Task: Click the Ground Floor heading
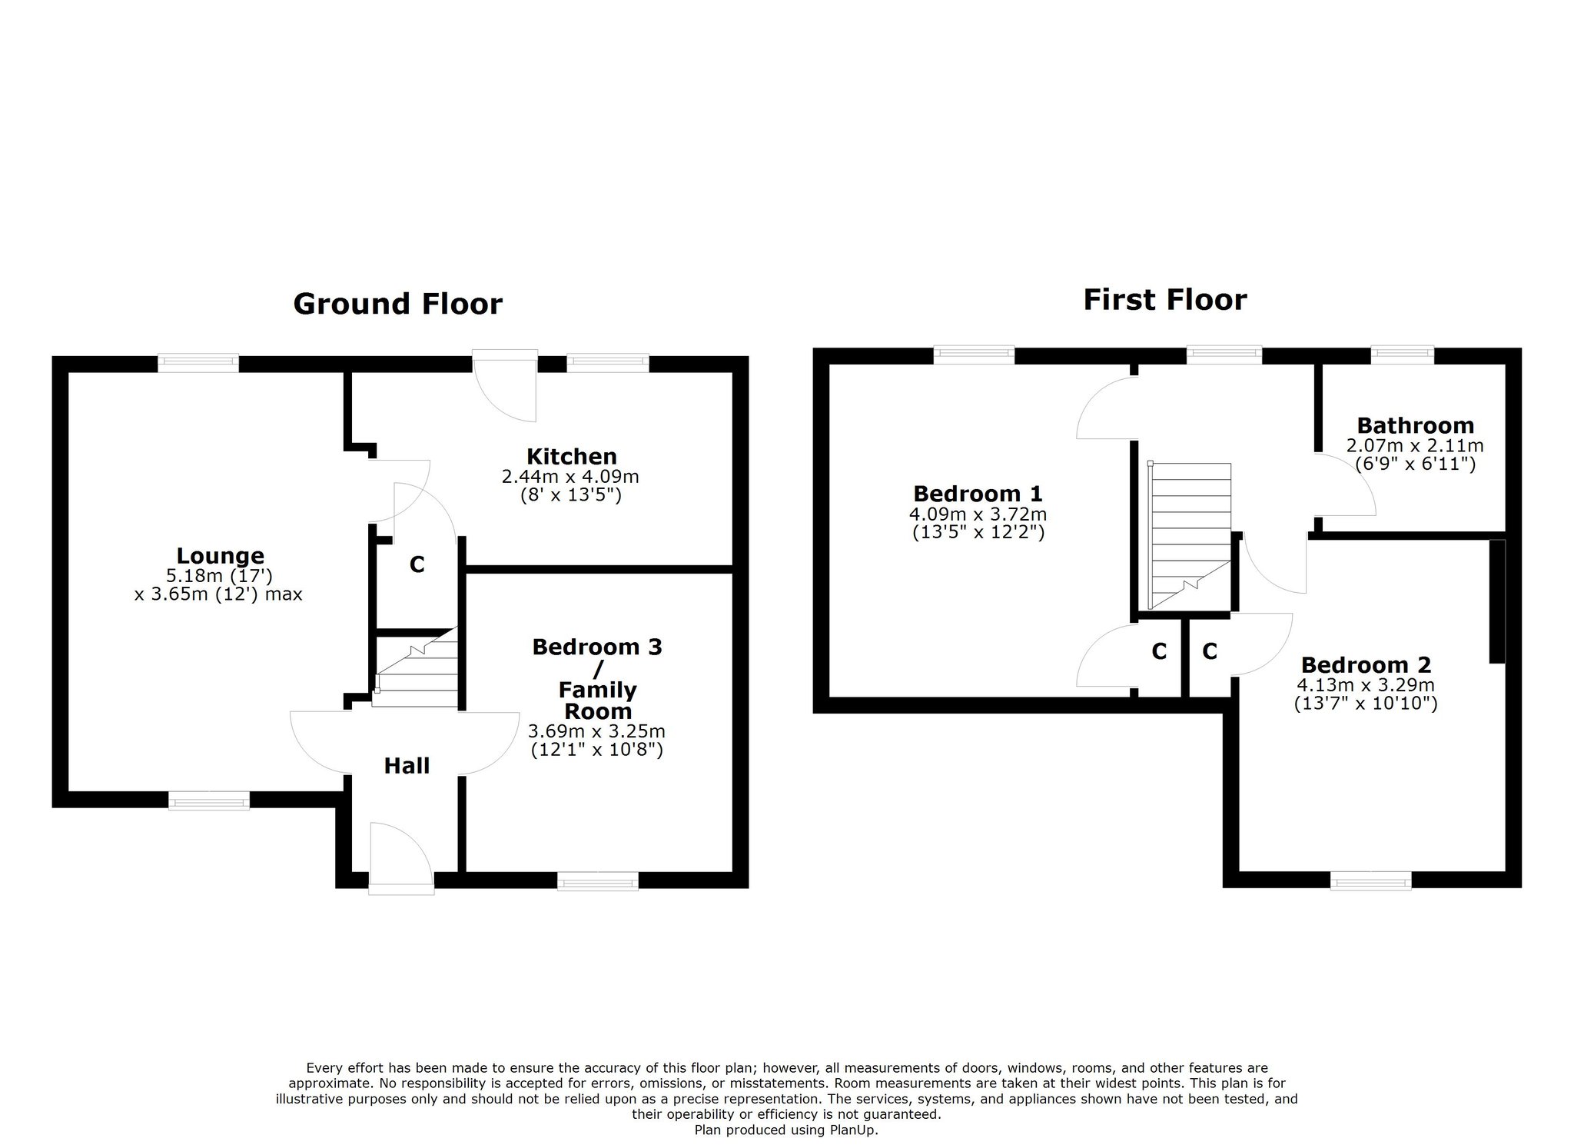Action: (397, 304)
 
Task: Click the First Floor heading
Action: (1165, 300)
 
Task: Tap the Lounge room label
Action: (221, 555)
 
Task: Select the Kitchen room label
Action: (572, 456)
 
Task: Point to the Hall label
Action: (407, 766)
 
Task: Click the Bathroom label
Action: (1416, 425)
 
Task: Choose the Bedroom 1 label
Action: (978, 493)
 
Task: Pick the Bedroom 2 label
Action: (1366, 664)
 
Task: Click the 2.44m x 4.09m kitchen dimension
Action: (570, 477)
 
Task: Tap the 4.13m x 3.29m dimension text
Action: (1366, 684)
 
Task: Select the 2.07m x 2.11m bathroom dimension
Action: (1415, 445)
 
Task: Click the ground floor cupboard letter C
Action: (417, 565)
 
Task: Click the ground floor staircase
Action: (416, 667)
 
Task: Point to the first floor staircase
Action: (1189, 535)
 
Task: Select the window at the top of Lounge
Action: (198, 362)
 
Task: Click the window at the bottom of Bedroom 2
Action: (1371, 880)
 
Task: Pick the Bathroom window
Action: (1403, 354)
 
